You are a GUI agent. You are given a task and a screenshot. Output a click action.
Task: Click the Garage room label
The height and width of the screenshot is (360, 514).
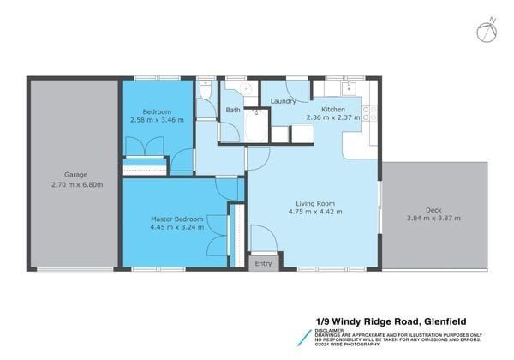coord(72,173)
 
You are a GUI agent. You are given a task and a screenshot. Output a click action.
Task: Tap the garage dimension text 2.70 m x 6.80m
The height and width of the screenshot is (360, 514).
coord(72,184)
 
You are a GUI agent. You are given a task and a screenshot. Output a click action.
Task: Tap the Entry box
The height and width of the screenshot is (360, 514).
coord(263,263)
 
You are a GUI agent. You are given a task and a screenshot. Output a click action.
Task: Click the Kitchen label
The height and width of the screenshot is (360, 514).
coord(333,109)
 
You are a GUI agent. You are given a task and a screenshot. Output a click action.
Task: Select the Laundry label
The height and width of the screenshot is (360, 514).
coord(283,101)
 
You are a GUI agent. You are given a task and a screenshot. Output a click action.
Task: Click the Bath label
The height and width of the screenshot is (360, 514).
coord(233,110)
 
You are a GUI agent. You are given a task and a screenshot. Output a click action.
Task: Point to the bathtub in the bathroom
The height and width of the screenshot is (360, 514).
coord(256,126)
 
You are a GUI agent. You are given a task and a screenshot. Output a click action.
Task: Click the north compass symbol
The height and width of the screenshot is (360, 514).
coord(485,32)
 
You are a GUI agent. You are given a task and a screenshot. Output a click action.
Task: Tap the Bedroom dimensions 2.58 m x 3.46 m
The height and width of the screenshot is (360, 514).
coord(156,122)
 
